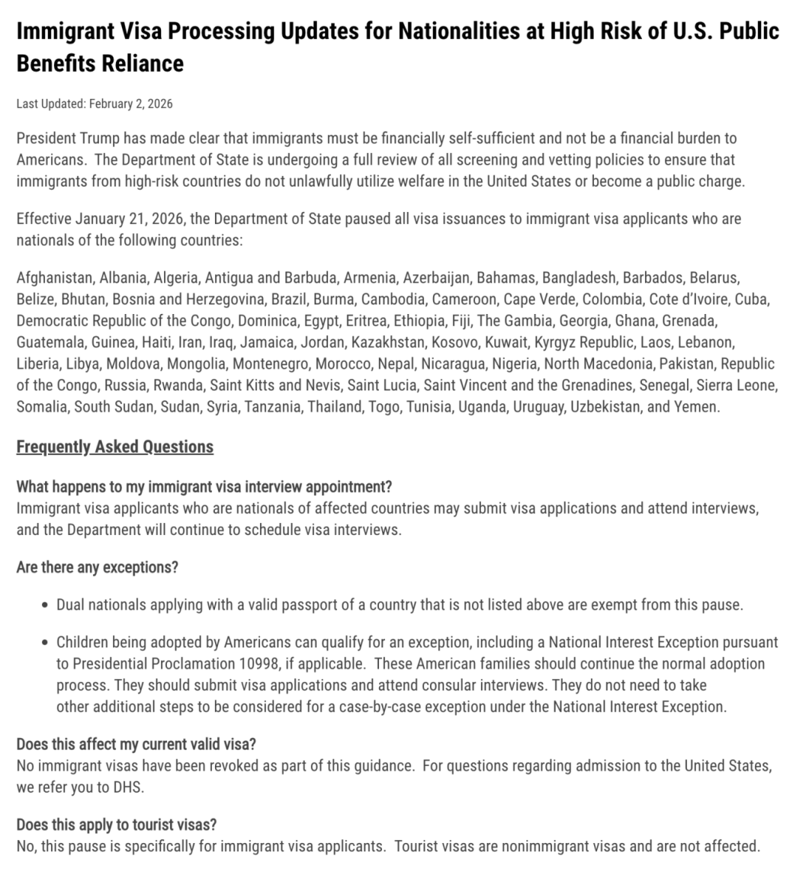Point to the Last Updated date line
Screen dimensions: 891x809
coord(94,103)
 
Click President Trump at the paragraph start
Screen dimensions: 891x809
coord(64,138)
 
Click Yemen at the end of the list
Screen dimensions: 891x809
coord(698,408)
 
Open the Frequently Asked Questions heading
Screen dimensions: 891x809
coord(115,447)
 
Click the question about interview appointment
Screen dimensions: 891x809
coord(204,486)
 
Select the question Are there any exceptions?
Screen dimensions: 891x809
coord(97,567)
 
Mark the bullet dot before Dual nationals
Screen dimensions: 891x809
coord(46,605)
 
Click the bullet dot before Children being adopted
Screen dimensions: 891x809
coord(46,643)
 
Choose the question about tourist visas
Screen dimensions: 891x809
coord(116,825)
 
